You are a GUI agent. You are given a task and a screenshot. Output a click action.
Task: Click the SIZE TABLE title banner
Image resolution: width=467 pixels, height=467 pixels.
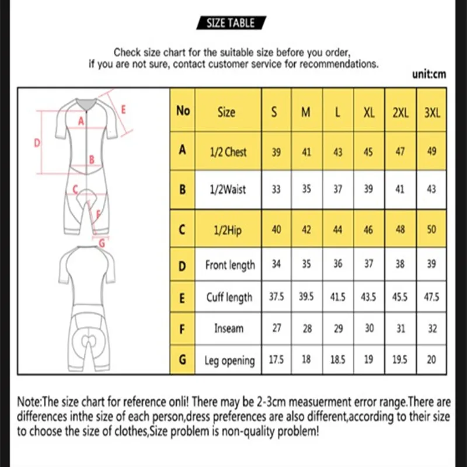coord(231,23)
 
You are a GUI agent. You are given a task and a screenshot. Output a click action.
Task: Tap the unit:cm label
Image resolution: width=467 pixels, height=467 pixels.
coord(430,74)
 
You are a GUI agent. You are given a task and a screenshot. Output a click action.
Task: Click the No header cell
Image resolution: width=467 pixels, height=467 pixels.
coord(183,111)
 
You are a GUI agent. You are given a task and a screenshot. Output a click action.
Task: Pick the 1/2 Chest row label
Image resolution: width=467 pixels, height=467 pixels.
coord(227,152)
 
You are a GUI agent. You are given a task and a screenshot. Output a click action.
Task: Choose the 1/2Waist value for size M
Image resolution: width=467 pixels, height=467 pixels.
coord(306,190)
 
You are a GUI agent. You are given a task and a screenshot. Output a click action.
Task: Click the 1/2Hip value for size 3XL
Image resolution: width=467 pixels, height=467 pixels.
coord(431,229)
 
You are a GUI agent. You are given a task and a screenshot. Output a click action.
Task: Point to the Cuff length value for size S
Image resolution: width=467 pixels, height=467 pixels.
coord(276,297)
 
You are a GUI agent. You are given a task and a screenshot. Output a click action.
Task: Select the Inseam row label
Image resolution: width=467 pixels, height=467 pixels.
coord(228,329)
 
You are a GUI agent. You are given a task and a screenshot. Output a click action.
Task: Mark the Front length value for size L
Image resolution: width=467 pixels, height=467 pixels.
coord(337,264)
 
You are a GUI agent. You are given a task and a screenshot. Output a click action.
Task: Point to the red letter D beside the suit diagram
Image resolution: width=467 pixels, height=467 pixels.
coord(36,142)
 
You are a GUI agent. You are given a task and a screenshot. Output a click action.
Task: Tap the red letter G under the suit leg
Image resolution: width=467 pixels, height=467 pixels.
coord(103,243)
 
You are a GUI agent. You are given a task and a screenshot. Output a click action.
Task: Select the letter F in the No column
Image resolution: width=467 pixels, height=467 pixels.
coord(183,329)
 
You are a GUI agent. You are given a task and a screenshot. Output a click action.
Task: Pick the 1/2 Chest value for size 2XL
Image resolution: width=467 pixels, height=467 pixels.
coord(400,152)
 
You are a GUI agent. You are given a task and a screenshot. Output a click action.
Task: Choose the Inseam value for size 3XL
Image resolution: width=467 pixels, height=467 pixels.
coord(431,329)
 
